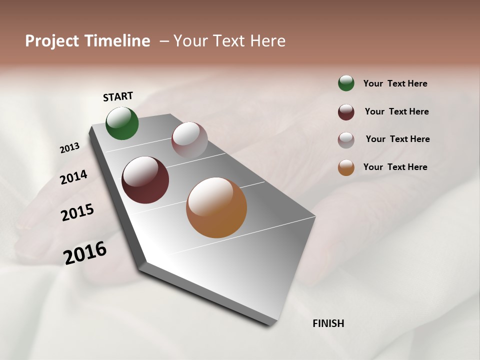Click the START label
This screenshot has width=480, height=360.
tap(118, 96)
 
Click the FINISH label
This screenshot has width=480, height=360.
tap(328, 323)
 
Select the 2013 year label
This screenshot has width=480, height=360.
tap(69, 148)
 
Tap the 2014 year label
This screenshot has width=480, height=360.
tap(73, 177)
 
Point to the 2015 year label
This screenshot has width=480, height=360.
tap(77, 212)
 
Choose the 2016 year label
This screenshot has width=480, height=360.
tap(85, 252)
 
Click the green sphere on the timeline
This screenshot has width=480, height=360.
tap(122, 123)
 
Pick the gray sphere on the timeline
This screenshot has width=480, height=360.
tap(189, 140)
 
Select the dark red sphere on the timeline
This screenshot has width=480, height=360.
tap(145, 180)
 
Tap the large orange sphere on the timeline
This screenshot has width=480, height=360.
tap(216, 207)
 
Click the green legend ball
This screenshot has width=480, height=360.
tap(346, 83)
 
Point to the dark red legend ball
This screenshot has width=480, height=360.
tap(346, 112)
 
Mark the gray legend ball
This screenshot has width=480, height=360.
tap(346, 139)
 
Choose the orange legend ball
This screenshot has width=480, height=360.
tap(346, 167)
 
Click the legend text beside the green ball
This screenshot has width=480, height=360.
tap(395, 83)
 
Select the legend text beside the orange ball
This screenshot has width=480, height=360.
tap(395, 167)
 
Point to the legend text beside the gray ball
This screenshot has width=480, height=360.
tap(397, 139)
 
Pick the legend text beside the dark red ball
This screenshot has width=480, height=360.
tap(396, 111)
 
